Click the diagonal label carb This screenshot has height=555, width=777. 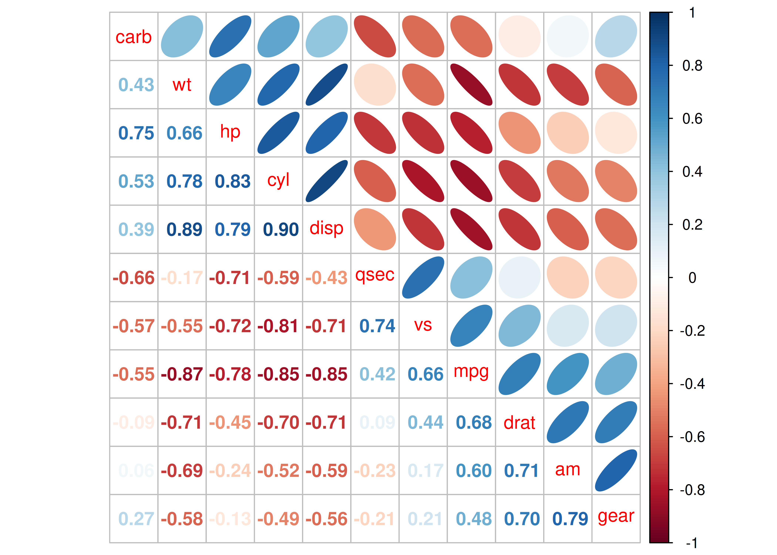point(134,37)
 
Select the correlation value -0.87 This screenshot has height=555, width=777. point(182,374)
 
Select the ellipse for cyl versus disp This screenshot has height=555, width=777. point(327,181)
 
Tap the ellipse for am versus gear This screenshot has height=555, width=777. point(616,471)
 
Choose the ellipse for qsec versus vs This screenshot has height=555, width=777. point(423,277)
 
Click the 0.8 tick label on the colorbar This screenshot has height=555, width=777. point(692,66)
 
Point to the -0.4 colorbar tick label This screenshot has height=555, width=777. point(692,384)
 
